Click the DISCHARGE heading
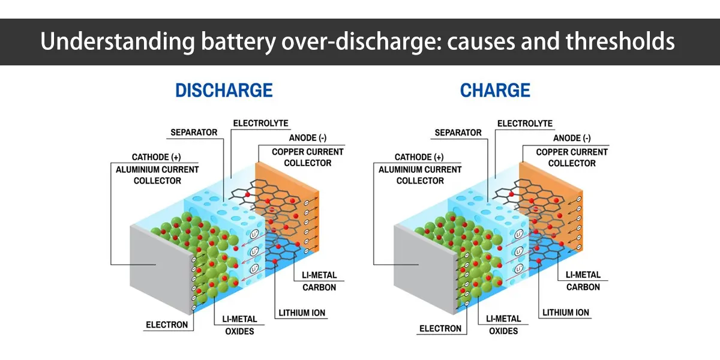(x=224, y=91)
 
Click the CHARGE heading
(x=495, y=91)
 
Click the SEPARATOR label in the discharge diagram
(x=194, y=132)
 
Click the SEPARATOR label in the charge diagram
(x=458, y=132)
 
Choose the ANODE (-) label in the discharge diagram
(x=307, y=138)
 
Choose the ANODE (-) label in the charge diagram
(x=571, y=138)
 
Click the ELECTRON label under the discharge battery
(x=167, y=325)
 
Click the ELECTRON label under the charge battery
(x=440, y=328)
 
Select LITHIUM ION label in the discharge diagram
(x=302, y=313)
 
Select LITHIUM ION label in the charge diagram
(x=566, y=313)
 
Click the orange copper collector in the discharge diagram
(x=277, y=180)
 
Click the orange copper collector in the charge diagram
(x=540, y=180)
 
